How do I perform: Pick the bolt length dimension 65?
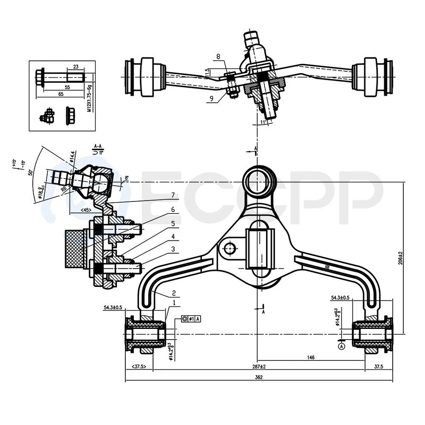click(x=61, y=94)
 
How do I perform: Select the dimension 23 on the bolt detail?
click(x=76, y=67)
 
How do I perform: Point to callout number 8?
click(x=218, y=56)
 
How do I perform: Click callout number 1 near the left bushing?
click(x=174, y=303)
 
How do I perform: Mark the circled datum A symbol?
click(x=341, y=347)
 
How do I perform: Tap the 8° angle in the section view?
click(x=127, y=178)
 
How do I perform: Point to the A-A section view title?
click(x=98, y=145)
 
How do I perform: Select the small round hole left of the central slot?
click(x=229, y=248)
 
